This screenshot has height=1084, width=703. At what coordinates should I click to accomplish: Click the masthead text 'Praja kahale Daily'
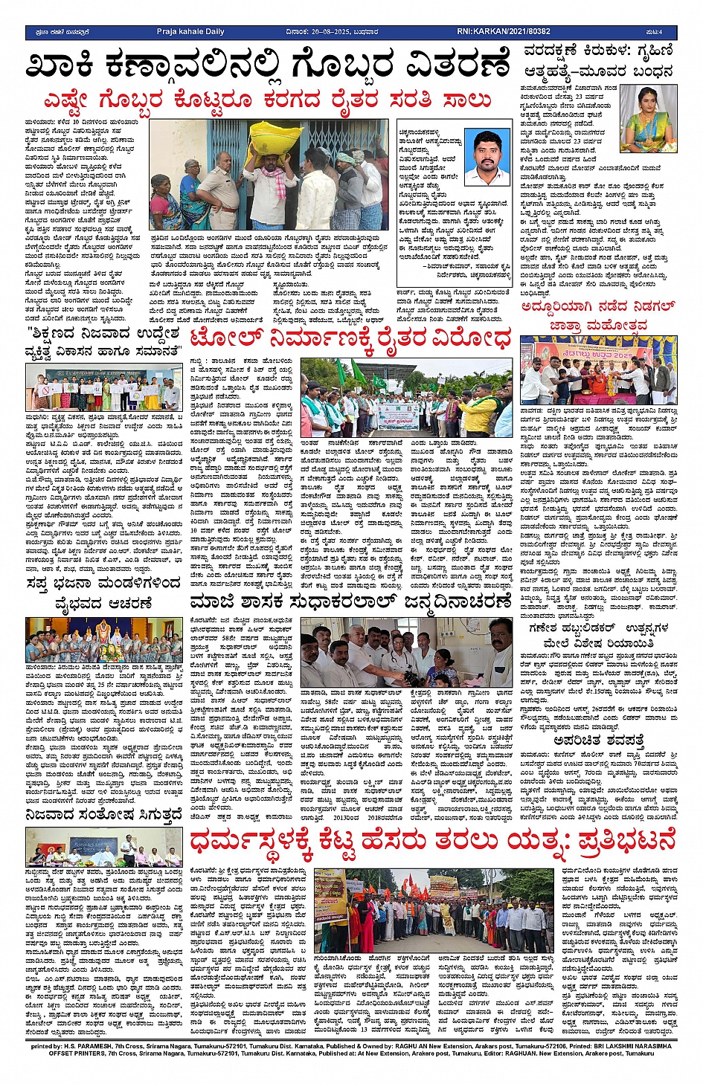pyautogui.click(x=190, y=32)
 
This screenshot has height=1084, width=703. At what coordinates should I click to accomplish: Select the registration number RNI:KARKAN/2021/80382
pyautogui.click(x=504, y=32)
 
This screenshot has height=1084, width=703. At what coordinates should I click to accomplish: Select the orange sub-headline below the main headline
pyautogui.click(x=268, y=100)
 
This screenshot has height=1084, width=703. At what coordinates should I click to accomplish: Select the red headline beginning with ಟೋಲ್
pyautogui.click(x=350, y=338)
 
